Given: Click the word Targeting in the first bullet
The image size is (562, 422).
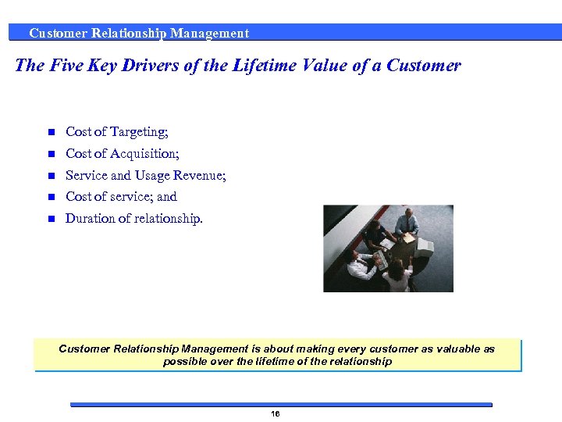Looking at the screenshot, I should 139,132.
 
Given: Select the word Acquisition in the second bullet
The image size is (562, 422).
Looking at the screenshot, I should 143,154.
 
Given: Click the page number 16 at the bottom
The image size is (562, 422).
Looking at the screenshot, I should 275,413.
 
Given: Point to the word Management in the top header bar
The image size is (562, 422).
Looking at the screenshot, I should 209,34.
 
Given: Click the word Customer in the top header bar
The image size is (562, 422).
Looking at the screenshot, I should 58,34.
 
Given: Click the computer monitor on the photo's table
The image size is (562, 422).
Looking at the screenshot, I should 424,247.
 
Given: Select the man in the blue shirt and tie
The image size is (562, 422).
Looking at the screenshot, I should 406,223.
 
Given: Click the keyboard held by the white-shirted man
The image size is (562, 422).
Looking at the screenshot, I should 379,259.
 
